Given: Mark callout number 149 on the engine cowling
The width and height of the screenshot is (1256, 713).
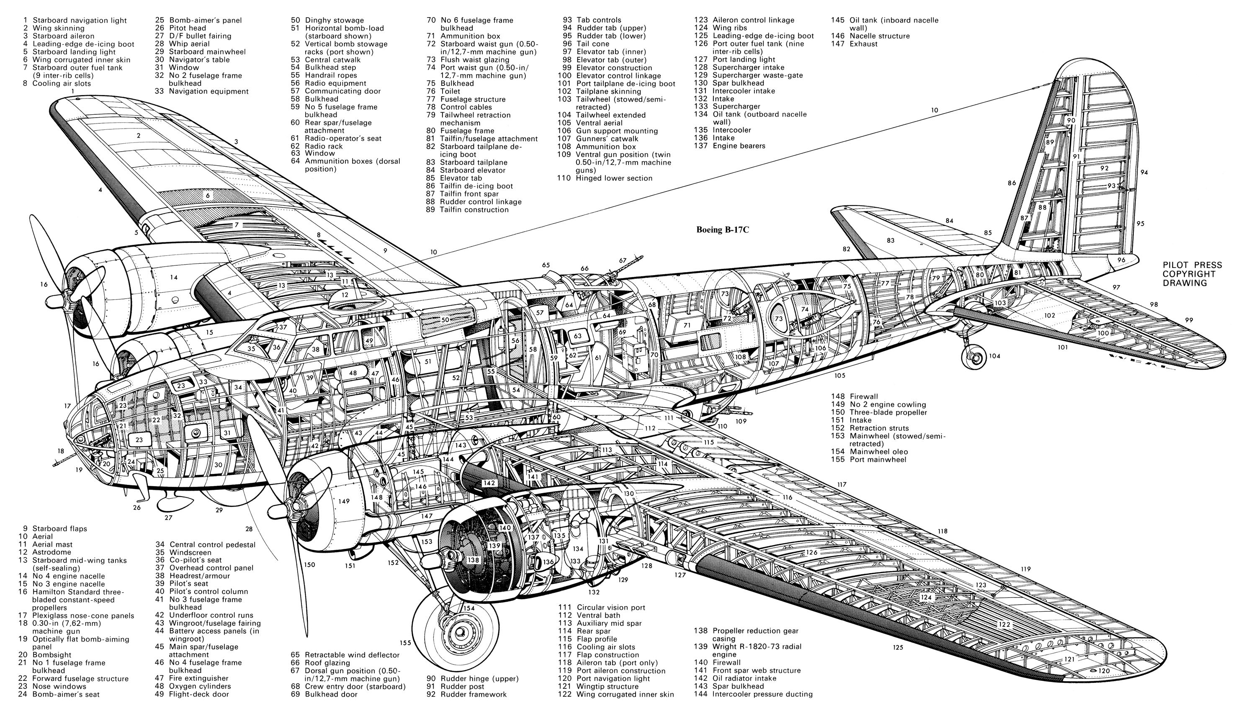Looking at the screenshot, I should (x=344, y=501).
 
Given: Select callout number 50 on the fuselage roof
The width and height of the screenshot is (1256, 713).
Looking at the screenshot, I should (x=445, y=320).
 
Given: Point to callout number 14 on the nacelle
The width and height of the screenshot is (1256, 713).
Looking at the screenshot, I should (x=173, y=277).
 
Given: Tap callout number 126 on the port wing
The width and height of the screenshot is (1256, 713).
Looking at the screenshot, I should (x=812, y=552).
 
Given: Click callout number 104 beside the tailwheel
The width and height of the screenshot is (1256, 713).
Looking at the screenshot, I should (x=994, y=356).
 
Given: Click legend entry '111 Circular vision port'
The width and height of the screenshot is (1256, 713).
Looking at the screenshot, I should (x=601, y=607).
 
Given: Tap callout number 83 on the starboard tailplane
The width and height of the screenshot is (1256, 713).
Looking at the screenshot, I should (x=890, y=240).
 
